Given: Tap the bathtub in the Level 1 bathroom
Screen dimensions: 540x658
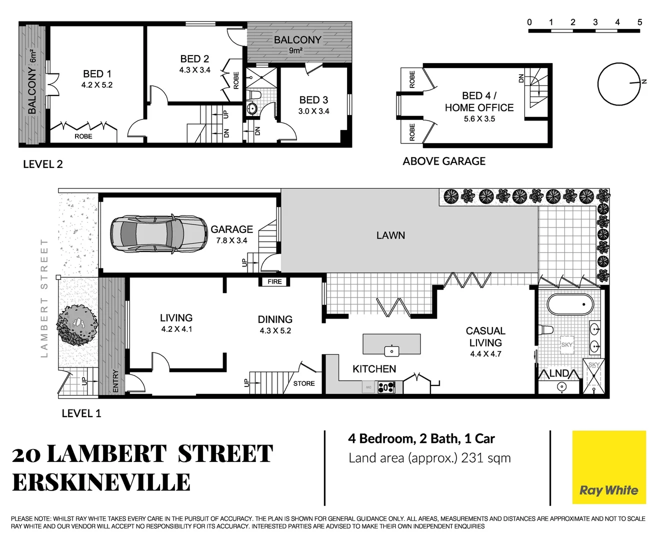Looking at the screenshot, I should tap(570, 304).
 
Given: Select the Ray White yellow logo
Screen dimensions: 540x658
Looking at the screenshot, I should tap(609, 467).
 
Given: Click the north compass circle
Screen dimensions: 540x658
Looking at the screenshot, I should tap(619, 83).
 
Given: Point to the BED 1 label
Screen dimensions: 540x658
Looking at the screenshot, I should tap(97, 74).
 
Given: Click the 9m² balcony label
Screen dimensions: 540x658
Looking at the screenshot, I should tap(295, 50).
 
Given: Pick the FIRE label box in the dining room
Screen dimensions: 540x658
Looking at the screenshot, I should tap(274, 281).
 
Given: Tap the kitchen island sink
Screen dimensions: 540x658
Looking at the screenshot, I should tap(391, 350).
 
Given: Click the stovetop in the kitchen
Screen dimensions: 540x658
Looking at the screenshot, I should tap(386, 387).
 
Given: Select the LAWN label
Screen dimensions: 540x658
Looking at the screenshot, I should tap(390, 235).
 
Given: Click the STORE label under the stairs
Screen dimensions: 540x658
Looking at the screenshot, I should tap(304, 383).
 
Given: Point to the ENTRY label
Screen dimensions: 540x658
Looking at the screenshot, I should tap(116, 381).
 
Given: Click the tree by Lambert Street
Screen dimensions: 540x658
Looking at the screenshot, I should tap(77, 325).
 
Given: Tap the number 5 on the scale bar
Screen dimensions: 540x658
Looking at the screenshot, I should tap(639, 22).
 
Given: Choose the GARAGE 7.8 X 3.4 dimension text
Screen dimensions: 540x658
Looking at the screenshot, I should tap(231, 240).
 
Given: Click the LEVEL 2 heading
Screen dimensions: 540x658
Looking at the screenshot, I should tap(43, 164).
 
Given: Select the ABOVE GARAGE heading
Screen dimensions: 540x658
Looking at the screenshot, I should tap(444, 161).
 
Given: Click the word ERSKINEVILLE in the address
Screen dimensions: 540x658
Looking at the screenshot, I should tap(101, 482).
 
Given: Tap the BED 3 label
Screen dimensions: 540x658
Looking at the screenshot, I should tap(313, 100).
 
